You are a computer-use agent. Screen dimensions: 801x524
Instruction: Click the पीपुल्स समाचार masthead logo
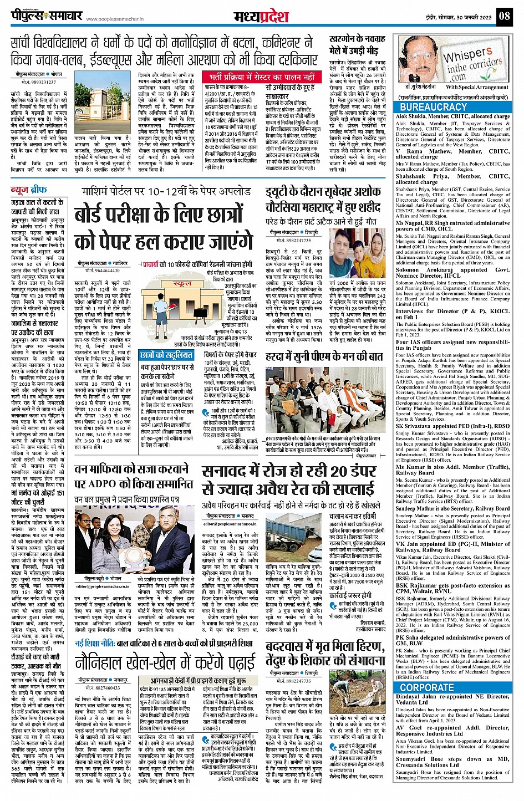click(47, 16)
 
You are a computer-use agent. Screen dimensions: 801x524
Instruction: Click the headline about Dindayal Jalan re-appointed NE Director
click(452, 700)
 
